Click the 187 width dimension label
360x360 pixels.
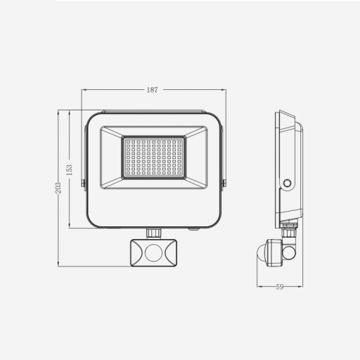tap(153, 90)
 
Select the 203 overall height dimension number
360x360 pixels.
tap(58, 188)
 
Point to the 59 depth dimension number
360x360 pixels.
tap(279, 287)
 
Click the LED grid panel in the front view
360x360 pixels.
tap(154, 156)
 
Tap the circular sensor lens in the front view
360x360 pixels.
tap(154, 253)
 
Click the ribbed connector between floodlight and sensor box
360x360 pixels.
tap(154, 232)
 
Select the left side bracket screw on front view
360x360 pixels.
tap(84, 184)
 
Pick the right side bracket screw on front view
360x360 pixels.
tap(224, 184)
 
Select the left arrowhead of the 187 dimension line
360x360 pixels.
tap(84, 90)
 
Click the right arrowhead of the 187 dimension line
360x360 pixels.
tap(224, 90)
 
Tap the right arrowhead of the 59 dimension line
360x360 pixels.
tap(301, 287)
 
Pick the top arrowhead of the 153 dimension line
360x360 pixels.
tap(69, 112)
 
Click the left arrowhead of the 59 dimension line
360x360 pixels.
tap(258, 287)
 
